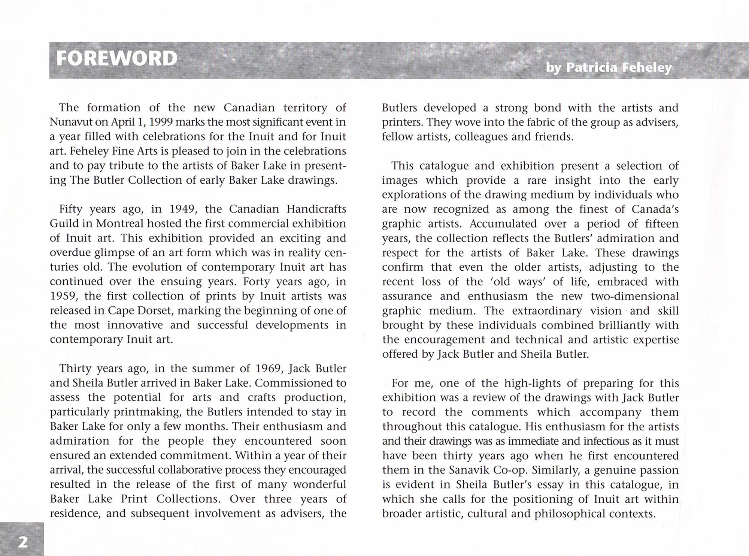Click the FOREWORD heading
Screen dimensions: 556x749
116,58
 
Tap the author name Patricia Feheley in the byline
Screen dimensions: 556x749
619,68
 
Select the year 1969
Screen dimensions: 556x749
268,369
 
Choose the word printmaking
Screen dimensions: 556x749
148,412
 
